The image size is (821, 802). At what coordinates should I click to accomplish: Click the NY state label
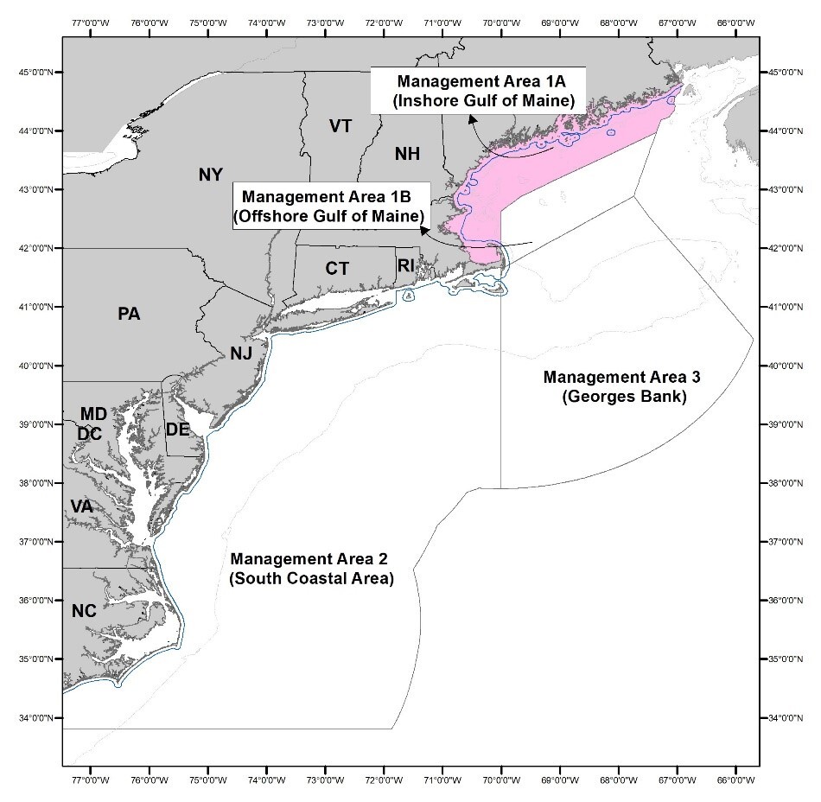[211, 175]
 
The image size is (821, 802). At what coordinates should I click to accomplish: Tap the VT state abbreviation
[340, 126]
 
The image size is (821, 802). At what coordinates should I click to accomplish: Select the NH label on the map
[407, 154]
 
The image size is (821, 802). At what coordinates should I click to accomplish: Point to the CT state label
[337, 269]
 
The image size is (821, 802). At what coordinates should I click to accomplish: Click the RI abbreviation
[406, 265]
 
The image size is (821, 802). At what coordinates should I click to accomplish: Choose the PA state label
[129, 314]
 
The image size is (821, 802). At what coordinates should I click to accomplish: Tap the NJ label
[241, 353]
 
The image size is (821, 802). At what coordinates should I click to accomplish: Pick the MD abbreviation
[93, 415]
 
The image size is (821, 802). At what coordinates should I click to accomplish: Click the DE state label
[177, 430]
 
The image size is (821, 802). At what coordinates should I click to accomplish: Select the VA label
[81, 506]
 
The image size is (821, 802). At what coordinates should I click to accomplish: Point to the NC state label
[84, 611]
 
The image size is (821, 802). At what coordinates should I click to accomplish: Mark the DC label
[89, 434]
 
